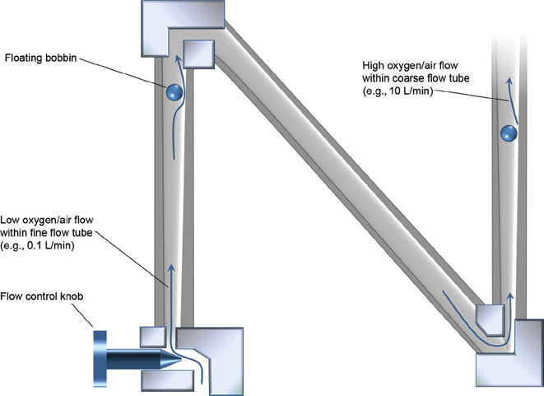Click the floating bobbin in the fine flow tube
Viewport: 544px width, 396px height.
(174, 93)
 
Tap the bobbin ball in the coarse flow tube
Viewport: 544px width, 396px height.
(508, 132)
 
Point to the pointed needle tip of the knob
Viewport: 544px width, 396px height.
(174, 360)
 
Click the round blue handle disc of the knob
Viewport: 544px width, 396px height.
(99, 360)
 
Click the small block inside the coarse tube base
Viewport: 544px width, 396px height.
(491, 318)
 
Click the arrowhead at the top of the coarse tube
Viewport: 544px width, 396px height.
(509, 81)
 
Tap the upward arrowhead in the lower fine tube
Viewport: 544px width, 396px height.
(171, 265)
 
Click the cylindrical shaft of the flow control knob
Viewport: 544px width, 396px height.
(136, 360)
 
